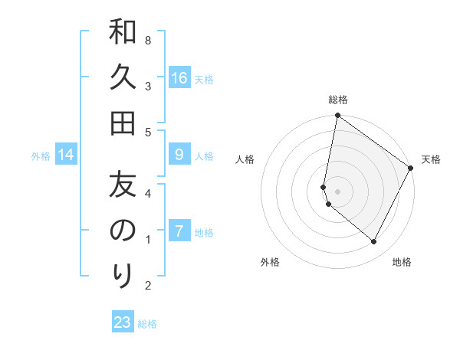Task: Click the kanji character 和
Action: click(x=123, y=32)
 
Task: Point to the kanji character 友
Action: click(x=123, y=185)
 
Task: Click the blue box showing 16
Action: click(x=179, y=78)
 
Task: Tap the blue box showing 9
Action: click(x=179, y=155)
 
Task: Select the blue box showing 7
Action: click(x=179, y=231)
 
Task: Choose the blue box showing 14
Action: click(x=66, y=155)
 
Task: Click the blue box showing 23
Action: click(x=123, y=322)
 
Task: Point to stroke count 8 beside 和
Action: click(x=147, y=39)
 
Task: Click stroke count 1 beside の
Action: click(x=147, y=240)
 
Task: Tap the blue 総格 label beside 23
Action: click(x=147, y=324)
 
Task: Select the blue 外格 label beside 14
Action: click(x=41, y=156)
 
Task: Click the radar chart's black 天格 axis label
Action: click(x=431, y=159)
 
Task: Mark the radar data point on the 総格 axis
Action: click(x=337, y=116)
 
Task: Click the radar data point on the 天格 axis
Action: click(x=411, y=169)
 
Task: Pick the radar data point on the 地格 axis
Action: click(x=374, y=241)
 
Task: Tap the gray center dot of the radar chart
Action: click(x=337, y=191)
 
